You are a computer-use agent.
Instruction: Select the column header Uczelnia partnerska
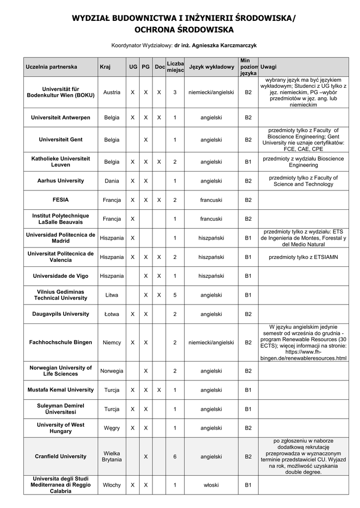tap(51, 66)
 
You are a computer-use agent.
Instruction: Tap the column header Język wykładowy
tap(211, 66)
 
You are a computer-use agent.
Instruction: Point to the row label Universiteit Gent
tap(61, 140)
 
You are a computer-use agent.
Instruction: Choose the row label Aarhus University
tap(61, 181)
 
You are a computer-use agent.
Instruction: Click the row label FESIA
tap(61, 200)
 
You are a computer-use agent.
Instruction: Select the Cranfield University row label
tap(61, 456)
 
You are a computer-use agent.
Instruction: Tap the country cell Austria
tap(112, 92)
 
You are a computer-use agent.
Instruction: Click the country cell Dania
tap(112, 181)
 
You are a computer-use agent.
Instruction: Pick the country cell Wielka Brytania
tap(112, 456)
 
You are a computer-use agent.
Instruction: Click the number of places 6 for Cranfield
tap(175, 456)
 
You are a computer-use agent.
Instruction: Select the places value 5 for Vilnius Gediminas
tap(175, 295)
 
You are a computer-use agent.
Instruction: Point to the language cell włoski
tap(211, 485)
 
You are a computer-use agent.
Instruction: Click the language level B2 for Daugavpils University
tap(248, 314)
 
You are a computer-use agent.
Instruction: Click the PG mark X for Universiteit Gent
tap(146, 140)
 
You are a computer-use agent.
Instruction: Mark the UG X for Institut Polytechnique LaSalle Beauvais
tap(133, 219)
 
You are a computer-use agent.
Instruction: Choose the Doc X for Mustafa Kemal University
tap(159, 390)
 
